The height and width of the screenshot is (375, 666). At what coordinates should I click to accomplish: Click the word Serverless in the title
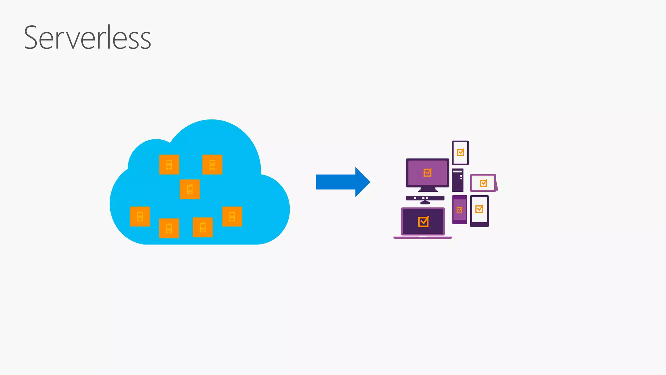(87, 38)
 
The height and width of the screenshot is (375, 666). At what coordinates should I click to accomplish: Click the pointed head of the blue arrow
(362, 182)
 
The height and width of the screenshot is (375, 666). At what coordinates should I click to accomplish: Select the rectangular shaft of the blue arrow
(335, 182)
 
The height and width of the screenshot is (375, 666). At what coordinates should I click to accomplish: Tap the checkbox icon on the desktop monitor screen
(427, 173)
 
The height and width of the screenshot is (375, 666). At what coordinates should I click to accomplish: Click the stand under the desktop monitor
(428, 189)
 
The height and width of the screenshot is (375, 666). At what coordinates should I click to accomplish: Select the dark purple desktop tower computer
(458, 181)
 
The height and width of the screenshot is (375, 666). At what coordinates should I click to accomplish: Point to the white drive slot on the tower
(458, 171)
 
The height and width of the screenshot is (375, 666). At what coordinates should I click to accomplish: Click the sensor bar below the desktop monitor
(425, 198)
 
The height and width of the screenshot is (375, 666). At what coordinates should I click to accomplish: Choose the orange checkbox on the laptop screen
(423, 222)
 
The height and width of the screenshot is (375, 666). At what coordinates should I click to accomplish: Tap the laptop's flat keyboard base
(423, 238)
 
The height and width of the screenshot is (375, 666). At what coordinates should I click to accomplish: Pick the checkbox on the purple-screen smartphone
(460, 210)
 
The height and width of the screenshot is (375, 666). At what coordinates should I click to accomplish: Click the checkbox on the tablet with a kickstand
(483, 183)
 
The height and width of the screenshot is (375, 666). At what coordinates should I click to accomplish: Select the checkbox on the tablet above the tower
(460, 152)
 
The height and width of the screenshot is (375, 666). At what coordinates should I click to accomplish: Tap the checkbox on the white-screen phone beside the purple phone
(479, 209)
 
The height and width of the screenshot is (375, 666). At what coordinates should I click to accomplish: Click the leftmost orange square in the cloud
(140, 216)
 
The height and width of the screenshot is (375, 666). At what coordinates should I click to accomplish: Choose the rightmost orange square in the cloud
(232, 216)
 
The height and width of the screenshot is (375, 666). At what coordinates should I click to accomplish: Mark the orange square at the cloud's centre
(190, 189)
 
